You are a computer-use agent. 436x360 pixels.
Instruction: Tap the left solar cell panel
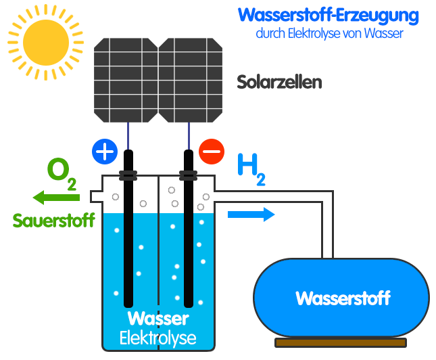[x=126, y=80]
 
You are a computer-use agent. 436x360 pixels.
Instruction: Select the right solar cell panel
[x=191, y=80]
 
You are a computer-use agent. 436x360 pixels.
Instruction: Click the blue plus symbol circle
[x=104, y=151]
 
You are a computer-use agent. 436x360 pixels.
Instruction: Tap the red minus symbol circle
[x=212, y=152]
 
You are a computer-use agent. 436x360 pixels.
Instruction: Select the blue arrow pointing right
[x=251, y=215]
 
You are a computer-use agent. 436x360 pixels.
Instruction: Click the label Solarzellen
[x=279, y=83]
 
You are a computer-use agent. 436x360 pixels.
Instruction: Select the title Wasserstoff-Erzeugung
[x=329, y=15]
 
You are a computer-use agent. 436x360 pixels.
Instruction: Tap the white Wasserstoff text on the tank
[x=343, y=298]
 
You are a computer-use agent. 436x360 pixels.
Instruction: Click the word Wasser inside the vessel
[x=158, y=319]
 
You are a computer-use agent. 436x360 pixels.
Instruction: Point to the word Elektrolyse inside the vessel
[x=158, y=337]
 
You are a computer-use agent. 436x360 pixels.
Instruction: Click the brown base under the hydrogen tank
[x=341, y=342]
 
